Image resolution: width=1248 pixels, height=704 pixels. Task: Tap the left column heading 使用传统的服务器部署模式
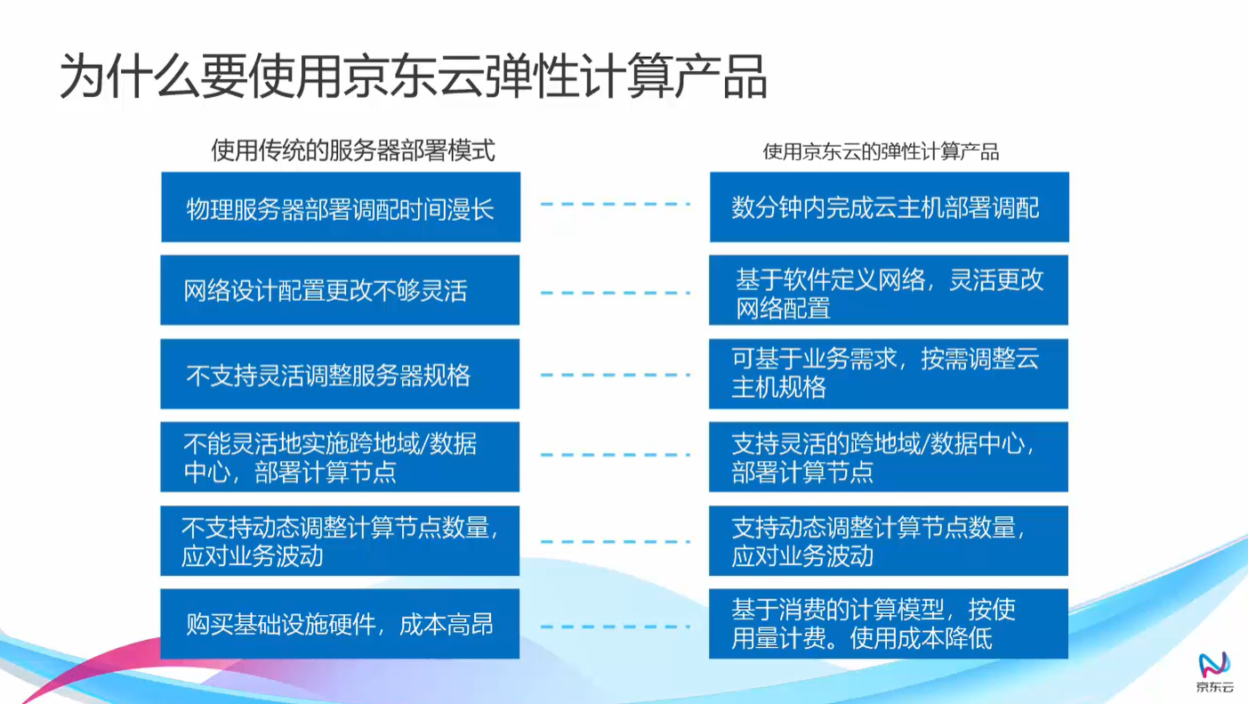352,151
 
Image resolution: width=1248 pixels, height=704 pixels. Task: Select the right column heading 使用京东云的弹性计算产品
881,152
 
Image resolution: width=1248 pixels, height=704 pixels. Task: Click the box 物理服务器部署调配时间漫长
340,208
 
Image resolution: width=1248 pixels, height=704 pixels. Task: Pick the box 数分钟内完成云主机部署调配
889,208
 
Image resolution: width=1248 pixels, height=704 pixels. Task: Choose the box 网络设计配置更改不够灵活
340,291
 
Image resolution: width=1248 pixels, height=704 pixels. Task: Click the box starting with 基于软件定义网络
889,291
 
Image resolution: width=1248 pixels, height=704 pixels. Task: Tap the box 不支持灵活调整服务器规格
340,375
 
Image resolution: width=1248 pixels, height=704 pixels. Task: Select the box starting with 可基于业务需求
889,375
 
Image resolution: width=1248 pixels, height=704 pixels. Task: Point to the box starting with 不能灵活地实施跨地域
340,457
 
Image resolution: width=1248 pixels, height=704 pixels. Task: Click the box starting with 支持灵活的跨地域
889,457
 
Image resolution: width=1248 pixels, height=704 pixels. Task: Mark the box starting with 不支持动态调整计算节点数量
340,541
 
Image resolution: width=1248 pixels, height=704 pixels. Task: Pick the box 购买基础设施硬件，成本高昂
340,624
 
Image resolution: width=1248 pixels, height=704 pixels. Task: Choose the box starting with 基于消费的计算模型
889,624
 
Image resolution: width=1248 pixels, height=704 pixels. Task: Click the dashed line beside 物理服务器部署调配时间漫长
615,205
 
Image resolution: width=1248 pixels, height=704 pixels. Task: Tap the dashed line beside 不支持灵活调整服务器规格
615,375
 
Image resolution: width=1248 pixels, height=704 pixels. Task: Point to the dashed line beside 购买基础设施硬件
615,627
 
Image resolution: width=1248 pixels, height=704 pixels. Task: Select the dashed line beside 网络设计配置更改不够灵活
615,292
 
